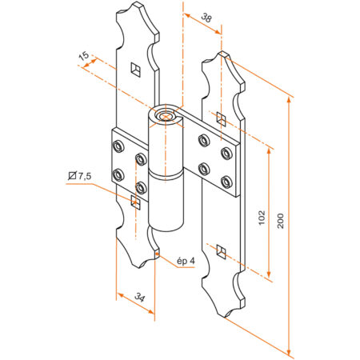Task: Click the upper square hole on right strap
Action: pos(222,118)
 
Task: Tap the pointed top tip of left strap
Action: pos(134,6)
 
